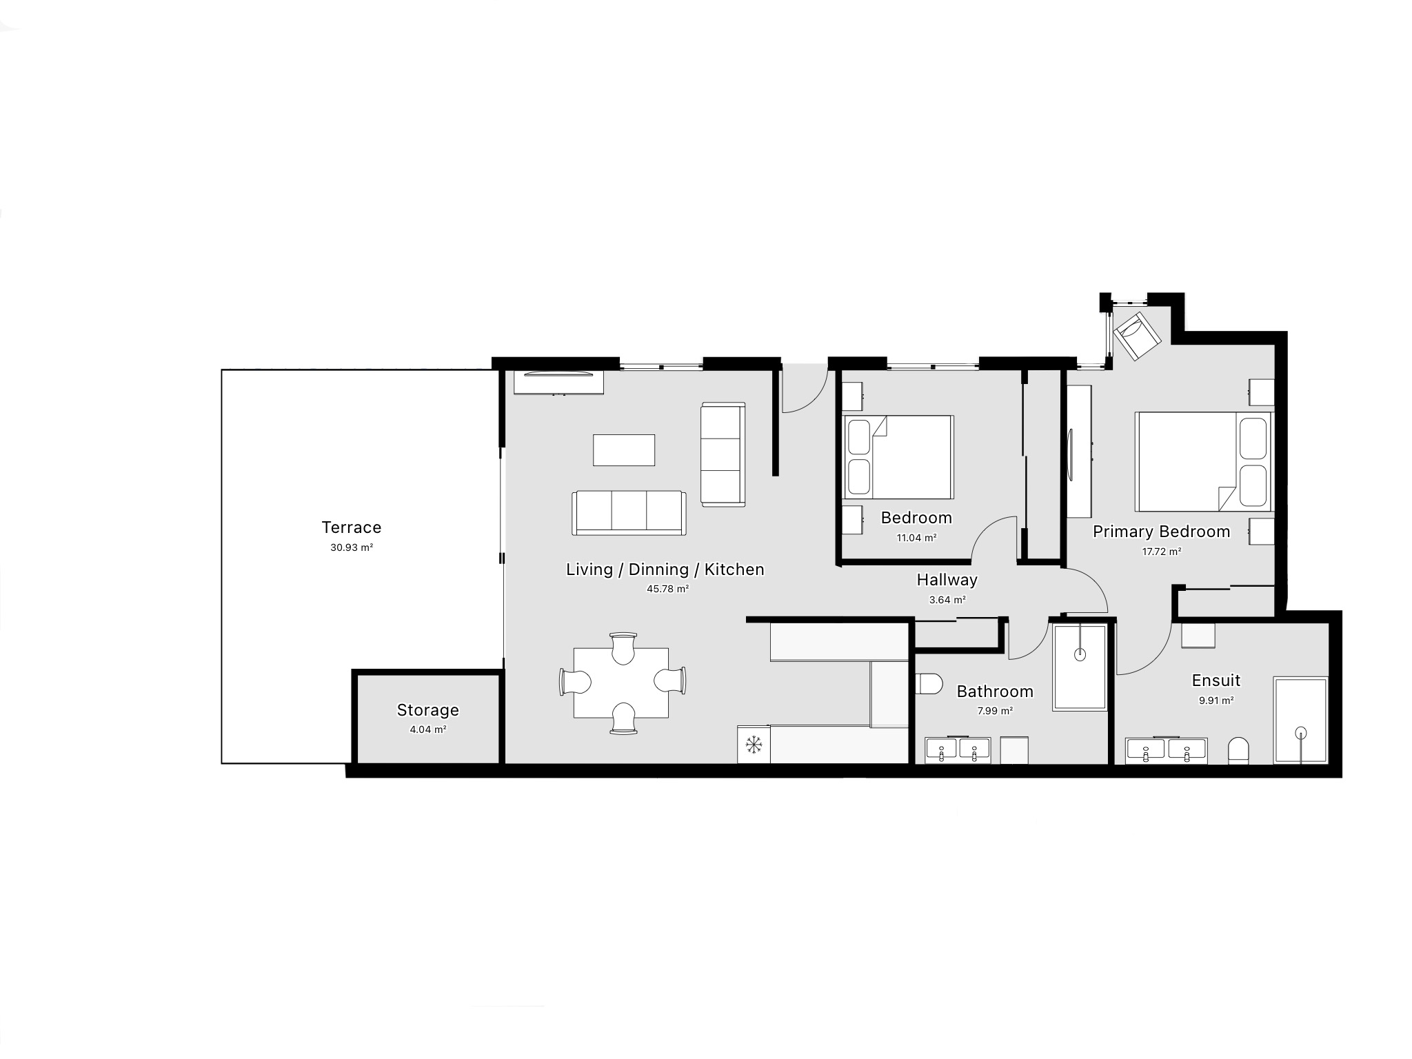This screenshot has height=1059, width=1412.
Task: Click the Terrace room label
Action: coord(351,527)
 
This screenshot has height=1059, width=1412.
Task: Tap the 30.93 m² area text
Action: coord(351,548)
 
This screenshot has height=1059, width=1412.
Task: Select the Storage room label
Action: coord(427,710)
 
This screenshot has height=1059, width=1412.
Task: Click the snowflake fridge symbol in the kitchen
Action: coord(754,745)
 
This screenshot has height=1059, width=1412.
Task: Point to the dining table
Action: coord(621,683)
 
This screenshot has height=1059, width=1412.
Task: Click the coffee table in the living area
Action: coord(624,450)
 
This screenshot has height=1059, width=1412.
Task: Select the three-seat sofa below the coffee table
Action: coord(628,513)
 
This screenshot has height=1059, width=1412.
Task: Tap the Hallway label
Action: coord(947,580)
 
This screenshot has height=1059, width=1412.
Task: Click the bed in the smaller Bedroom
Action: coord(898,457)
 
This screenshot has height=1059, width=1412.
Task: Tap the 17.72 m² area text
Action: coord(1161,552)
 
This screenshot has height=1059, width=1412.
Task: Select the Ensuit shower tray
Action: coord(1300,720)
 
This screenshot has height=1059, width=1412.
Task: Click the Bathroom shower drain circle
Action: coord(1080,655)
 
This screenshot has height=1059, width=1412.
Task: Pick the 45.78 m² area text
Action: coord(667,589)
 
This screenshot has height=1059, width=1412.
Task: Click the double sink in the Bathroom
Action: coord(957,749)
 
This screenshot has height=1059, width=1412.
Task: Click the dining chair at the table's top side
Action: coord(623,648)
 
